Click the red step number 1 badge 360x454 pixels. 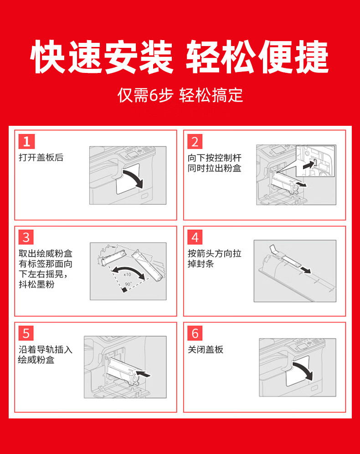[26, 141]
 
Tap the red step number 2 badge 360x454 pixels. [195, 141]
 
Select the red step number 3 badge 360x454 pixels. [26, 237]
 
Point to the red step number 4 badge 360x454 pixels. [195, 237]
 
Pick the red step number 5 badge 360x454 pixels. [26, 333]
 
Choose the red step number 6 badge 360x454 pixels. [195, 333]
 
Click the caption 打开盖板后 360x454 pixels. [41, 157]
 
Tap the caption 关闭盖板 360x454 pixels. [206, 350]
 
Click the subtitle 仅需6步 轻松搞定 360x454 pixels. [180, 95]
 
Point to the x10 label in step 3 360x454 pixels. [127, 274]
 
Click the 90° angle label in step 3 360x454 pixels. [128, 284]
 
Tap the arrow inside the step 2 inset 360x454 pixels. [309, 165]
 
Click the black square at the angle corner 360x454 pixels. [125, 290]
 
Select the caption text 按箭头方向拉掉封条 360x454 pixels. [215, 258]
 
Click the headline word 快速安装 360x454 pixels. [102, 57]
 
